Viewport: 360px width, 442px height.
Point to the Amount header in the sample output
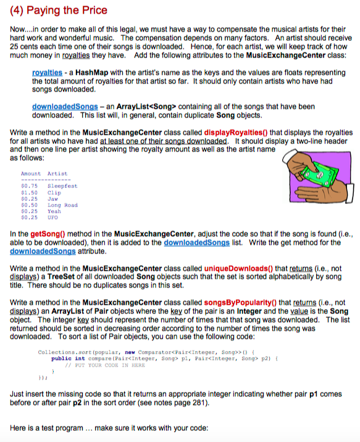pos(30,174)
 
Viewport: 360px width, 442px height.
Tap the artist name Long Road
pos(62,205)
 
